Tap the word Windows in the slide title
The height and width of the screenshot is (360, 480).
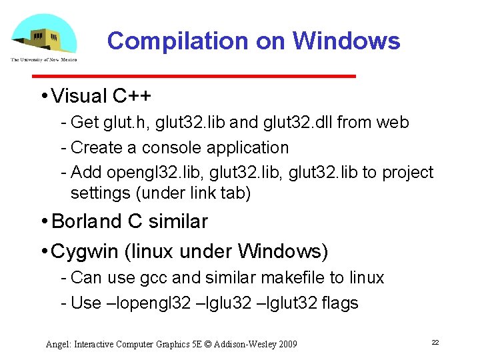tap(346, 41)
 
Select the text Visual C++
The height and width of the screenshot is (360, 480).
tap(101, 97)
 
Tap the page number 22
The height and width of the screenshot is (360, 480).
tap(435, 342)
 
